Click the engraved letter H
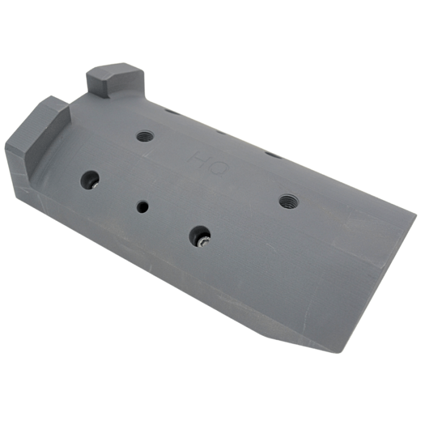(x=199, y=160)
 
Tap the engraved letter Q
(x=219, y=169)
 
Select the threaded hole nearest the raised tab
(x=144, y=135)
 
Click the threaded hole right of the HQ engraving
(x=288, y=201)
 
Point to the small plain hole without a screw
(x=142, y=207)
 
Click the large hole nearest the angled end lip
(x=90, y=180)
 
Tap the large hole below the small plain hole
(x=200, y=236)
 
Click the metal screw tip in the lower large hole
(x=203, y=242)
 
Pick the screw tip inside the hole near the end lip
(x=95, y=185)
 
